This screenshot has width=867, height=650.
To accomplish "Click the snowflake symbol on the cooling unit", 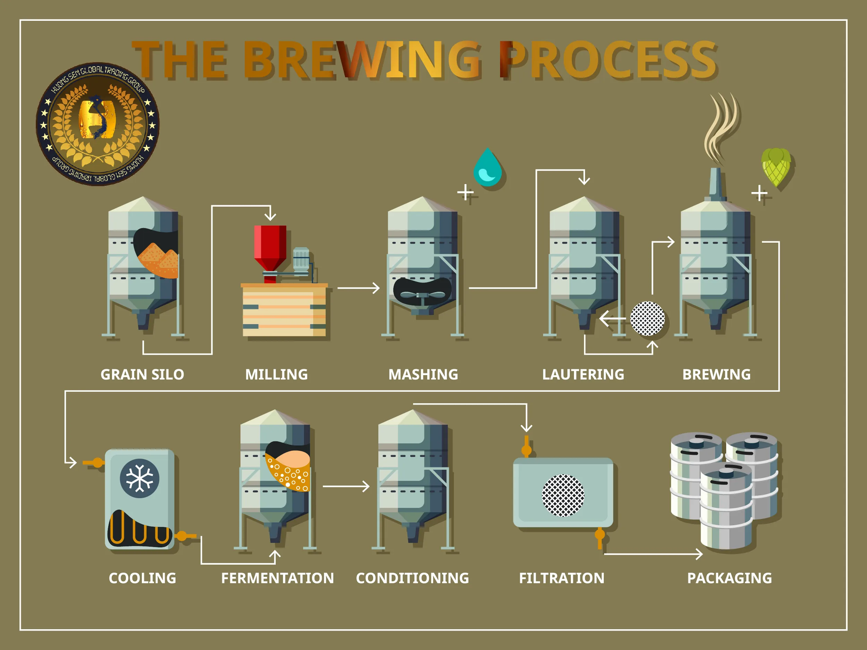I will pos(139,478).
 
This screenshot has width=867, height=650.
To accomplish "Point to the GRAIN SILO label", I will pos(142,374).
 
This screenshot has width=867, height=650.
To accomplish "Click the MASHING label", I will pos(423,374).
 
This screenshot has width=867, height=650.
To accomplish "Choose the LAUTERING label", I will pos(583,374).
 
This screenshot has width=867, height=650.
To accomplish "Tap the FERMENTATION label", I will pos(277,578).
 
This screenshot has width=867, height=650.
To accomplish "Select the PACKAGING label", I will pos(729,578).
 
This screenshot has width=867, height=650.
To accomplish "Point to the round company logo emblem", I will pos(97,124).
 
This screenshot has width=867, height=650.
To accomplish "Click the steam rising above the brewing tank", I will pos(721,127).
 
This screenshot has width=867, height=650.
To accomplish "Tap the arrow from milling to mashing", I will pos(358,288).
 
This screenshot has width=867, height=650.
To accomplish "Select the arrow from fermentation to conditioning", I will pos(346,486).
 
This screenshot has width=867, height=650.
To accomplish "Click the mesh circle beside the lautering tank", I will pos(647,318).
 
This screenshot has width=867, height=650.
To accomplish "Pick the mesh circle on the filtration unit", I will pos(563,495).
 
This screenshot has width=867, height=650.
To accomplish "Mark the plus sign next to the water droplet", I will pos(465,192).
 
